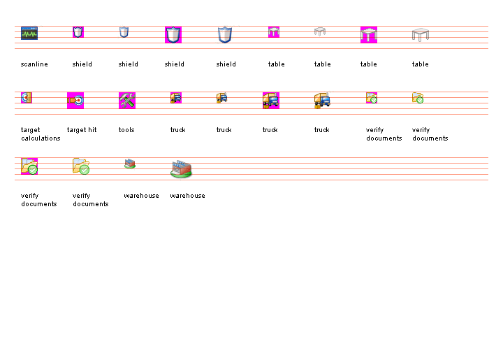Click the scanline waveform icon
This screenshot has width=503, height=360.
(29, 33)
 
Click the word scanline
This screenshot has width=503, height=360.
(34, 64)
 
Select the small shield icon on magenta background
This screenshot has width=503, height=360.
(78, 32)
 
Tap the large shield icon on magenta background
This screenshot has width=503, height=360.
(173, 35)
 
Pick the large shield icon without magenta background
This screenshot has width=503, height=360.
(224, 35)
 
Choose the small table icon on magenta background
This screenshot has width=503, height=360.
(274, 32)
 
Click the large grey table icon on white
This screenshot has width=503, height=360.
(421, 35)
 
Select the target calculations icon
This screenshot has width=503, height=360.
(27, 98)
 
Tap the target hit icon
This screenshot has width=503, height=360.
(75, 101)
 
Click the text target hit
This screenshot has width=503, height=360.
(82, 130)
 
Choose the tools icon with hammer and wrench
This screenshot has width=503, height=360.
(127, 101)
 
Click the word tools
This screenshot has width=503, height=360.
(126, 130)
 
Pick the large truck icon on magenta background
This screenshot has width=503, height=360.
(270, 101)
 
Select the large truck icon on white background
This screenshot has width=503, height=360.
(322, 101)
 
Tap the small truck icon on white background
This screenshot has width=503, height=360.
(222, 98)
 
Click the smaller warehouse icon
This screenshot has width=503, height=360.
(130, 164)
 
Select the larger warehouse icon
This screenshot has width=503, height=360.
(181, 168)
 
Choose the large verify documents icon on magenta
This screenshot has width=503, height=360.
(29, 166)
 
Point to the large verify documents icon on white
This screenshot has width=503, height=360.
(81, 166)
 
